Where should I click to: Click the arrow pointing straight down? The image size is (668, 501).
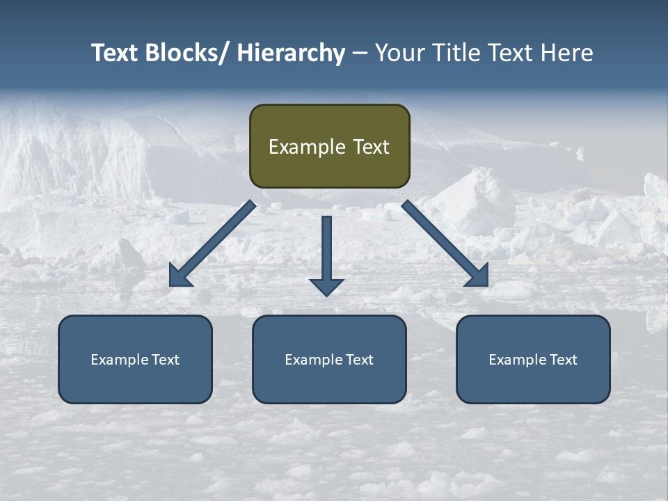326,250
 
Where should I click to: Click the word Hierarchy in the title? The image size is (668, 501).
291,53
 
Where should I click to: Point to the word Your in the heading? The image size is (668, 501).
398,53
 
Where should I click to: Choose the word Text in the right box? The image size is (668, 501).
563,360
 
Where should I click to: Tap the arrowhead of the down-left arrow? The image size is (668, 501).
180,277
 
